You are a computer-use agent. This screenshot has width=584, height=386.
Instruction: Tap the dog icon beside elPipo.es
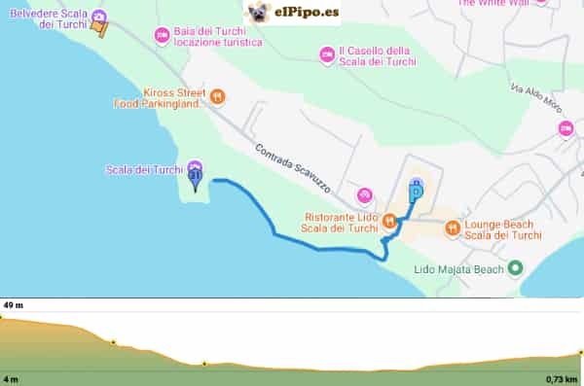(258, 13)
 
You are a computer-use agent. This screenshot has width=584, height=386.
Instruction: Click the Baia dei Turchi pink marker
(162, 36)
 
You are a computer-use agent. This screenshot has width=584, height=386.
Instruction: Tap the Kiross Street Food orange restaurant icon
(217, 96)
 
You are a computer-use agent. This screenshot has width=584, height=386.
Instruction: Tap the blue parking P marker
(416, 191)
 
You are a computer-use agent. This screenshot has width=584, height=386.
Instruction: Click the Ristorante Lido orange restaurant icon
(388, 222)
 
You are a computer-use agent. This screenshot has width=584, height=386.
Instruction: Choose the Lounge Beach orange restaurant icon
(452, 228)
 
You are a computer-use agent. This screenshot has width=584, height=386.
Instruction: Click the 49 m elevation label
(14, 305)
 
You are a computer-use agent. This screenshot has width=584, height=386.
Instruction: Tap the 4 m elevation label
(11, 378)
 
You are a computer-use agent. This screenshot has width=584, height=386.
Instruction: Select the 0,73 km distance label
(562, 378)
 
